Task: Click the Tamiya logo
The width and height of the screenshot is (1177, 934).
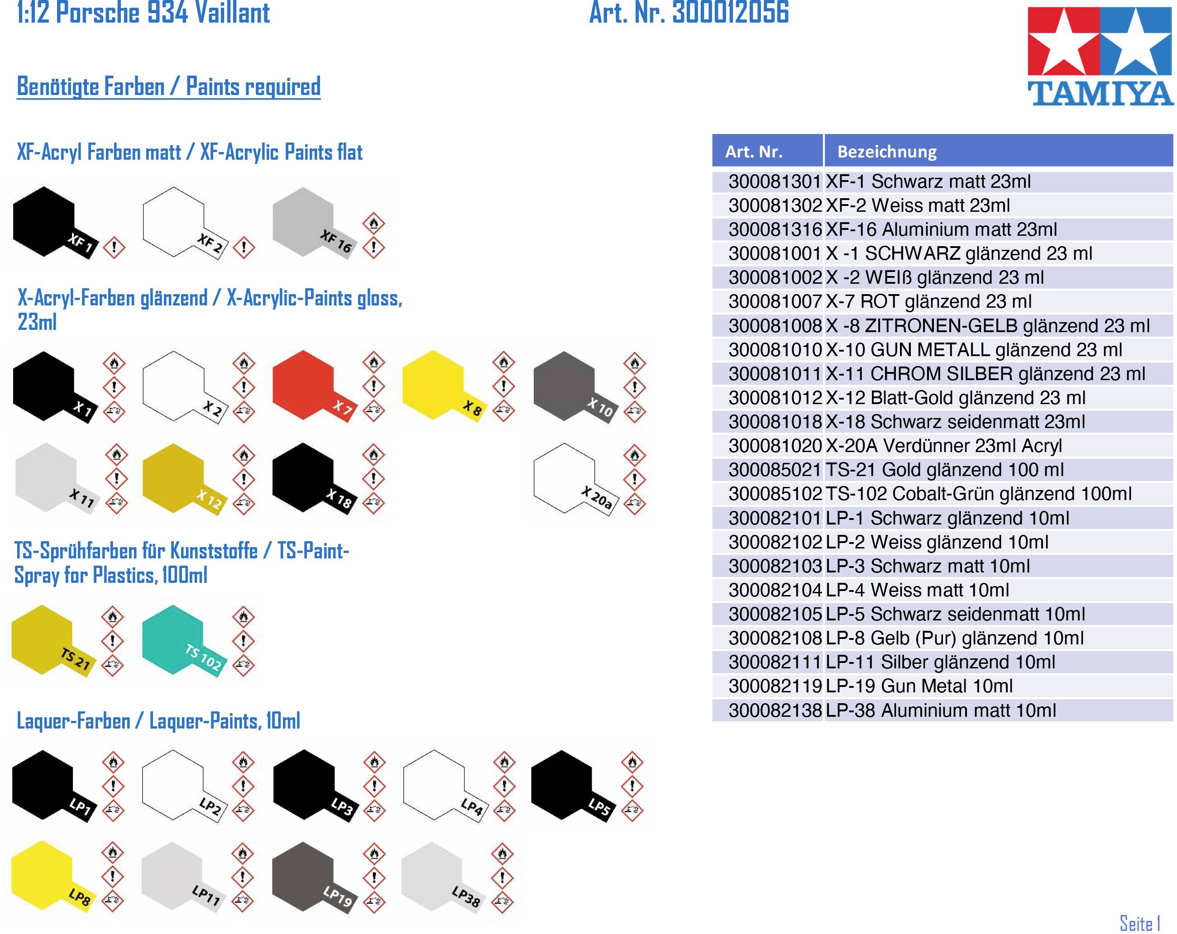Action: (1100, 56)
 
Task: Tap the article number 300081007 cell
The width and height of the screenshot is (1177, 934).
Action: (775, 301)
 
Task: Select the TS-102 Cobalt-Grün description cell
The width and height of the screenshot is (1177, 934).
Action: (978, 494)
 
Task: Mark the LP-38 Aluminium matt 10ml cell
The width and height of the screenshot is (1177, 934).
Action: (941, 710)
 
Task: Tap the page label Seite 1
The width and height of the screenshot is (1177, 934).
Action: (1140, 924)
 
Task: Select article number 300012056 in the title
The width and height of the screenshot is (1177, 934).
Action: (731, 13)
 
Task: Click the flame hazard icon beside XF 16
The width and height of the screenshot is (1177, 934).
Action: (374, 223)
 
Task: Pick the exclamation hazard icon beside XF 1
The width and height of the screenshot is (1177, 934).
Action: (114, 247)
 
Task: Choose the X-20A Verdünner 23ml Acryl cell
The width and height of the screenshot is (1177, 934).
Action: (943, 446)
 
